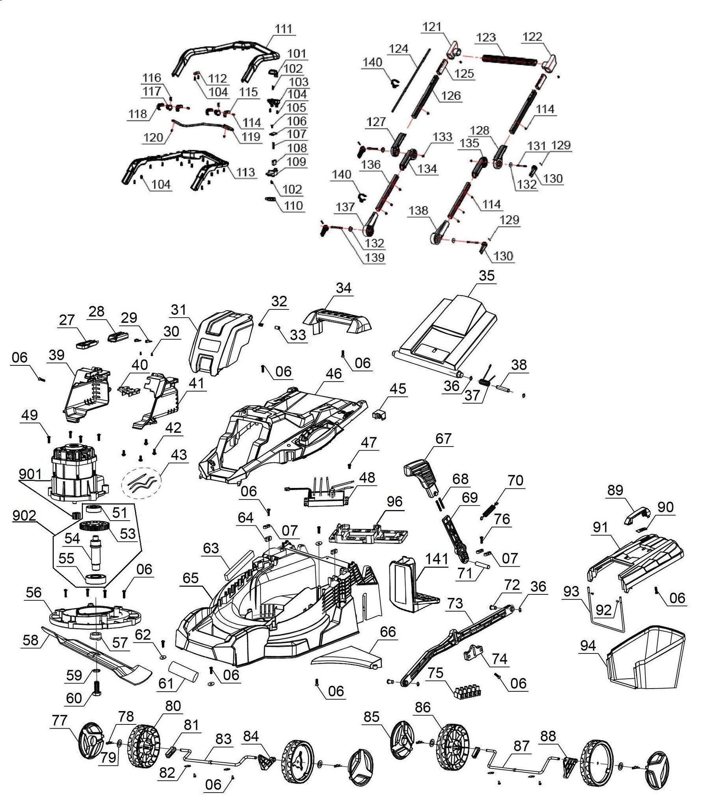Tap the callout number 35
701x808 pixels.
(486, 276)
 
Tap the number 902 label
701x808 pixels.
(24, 516)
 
